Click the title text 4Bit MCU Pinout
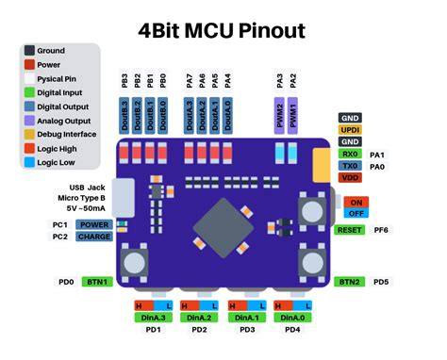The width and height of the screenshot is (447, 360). (223, 30)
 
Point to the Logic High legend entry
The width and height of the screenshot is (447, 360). (58, 149)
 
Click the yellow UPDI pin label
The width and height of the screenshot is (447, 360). (350, 129)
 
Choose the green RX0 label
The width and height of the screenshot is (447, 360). (350, 154)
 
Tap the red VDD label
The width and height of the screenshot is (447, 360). (350, 178)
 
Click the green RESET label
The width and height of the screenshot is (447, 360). (349, 230)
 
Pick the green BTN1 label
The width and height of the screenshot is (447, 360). (96, 282)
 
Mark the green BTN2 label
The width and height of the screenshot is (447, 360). (349, 282)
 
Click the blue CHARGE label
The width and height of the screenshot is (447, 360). (95, 237)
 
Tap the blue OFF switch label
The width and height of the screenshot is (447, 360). (356, 214)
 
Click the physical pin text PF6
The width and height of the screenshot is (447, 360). (382, 230)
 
